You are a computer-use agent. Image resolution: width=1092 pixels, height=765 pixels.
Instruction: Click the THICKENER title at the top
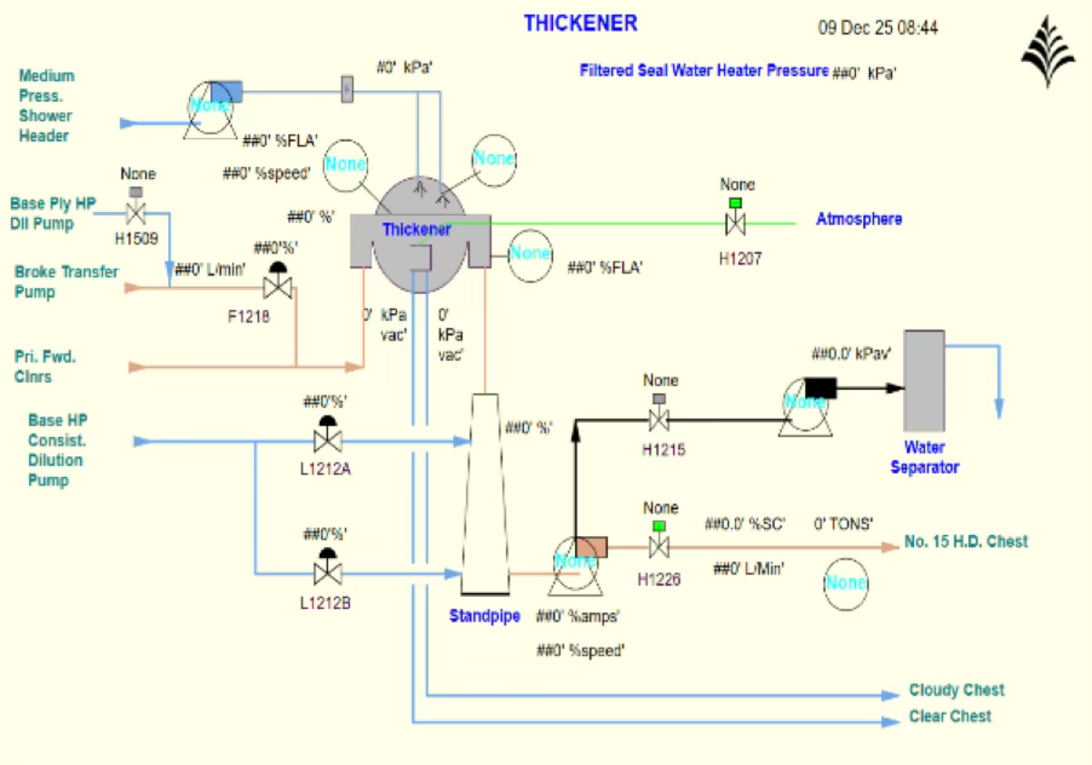coord(580,23)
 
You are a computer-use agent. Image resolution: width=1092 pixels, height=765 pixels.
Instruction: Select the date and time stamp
coord(878,27)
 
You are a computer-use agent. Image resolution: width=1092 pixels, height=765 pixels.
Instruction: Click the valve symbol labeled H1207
coord(735,223)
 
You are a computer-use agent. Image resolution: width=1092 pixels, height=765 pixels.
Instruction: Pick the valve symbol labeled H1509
coord(136,213)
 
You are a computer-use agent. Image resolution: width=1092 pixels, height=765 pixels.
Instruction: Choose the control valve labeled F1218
coord(278,287)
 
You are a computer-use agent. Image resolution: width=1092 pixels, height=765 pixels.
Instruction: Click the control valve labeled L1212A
coord(328,440)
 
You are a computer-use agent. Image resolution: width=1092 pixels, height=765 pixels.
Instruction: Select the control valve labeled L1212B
coord(328,573)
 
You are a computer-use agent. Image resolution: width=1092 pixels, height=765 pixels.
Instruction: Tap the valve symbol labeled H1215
coord(659,420)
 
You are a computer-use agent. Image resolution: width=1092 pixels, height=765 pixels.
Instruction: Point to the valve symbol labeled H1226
coord(659,547)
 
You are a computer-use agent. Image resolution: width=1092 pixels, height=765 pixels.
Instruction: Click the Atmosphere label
coord(859,219)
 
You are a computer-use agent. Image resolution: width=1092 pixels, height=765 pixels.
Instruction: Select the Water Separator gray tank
coord(924,380)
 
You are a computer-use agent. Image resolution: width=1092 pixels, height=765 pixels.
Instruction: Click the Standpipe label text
coord(484,616)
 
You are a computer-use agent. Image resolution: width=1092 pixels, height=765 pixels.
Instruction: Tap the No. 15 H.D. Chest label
coord(966,542)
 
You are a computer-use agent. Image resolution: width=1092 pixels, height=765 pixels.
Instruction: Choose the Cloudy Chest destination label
coord(957,690)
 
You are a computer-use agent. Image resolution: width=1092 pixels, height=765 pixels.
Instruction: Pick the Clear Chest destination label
coord(950,716)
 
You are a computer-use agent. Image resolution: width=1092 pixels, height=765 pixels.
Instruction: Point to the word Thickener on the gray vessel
coord(416,230)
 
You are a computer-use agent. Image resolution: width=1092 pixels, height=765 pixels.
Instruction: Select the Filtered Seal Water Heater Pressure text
coord(704,71)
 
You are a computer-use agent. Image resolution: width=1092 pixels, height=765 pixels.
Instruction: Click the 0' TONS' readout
coord(843,524)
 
